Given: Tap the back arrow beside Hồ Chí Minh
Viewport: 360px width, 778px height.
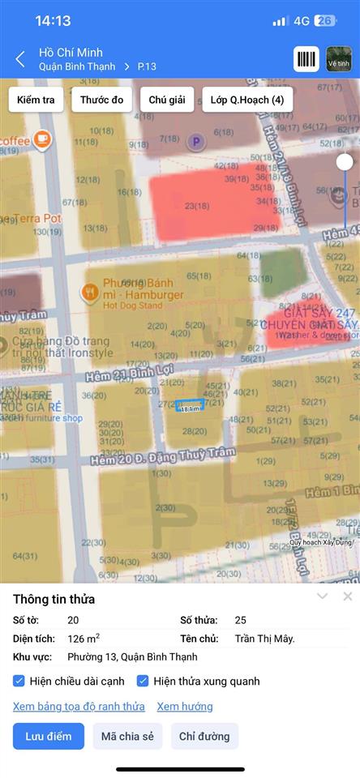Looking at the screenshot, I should (x=20, y=58).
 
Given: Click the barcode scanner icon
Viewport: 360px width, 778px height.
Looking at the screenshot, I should (x=306, y=59).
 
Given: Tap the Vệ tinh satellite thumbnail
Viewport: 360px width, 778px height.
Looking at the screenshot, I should (x=339, y=59).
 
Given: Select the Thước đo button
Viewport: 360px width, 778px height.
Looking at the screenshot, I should (x=101, y=100).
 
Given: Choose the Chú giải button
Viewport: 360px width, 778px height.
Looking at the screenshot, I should (x=167, y=100).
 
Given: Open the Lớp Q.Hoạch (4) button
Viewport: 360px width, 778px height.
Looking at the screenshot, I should (x=246, y=100).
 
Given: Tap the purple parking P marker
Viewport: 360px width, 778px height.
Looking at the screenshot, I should (x=195, y=143).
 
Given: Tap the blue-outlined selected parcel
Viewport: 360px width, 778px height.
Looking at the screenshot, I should (x=190, y=405).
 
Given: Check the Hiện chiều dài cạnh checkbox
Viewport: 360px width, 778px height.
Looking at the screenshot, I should (x=19, y=681).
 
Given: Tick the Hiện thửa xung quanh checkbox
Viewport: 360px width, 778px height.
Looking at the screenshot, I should (x=143, y=681).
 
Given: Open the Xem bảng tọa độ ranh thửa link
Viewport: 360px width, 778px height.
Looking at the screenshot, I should (x=79, y=707).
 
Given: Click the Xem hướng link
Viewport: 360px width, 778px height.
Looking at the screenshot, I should (x=185, y=707).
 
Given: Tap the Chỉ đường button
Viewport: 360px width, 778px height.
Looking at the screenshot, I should (x=204, y=737).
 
